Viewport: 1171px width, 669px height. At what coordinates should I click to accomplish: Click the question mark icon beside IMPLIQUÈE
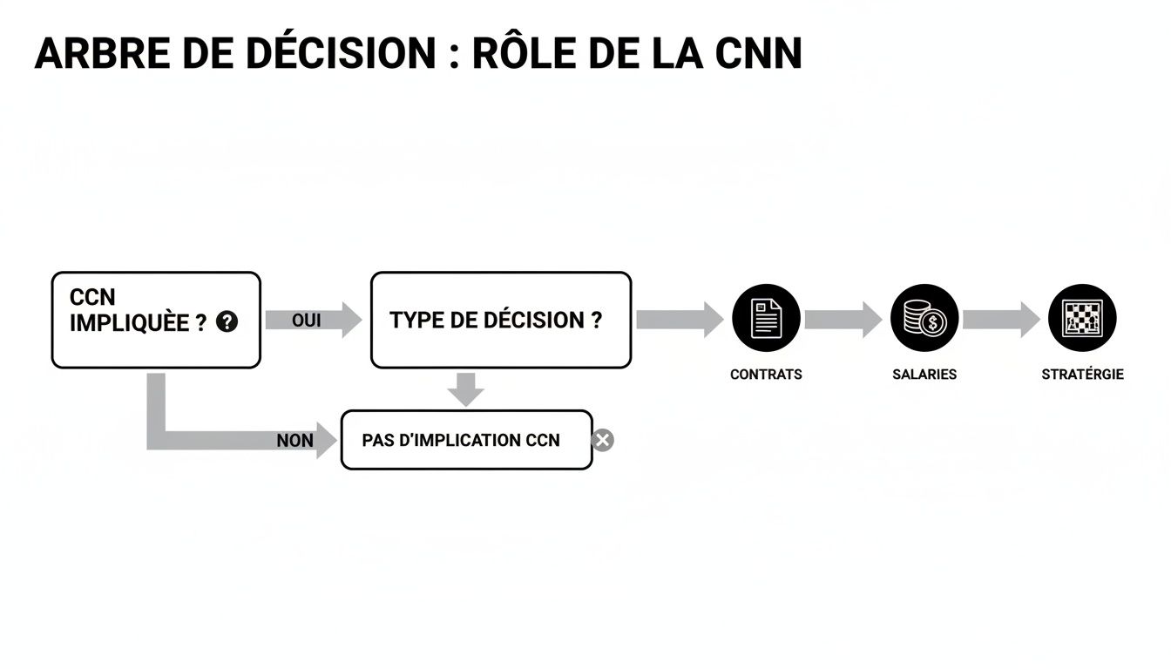227,322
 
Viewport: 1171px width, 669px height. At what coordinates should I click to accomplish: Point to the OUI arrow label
307,321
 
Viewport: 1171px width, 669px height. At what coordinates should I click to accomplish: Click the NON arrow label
294,441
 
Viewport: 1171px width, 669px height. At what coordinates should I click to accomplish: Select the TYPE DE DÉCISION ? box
500,320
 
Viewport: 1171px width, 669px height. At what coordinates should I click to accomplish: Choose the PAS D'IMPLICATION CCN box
465,440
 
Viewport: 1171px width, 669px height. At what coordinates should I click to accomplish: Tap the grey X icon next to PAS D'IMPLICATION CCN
602,440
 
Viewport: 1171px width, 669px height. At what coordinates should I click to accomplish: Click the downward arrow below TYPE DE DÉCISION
466,389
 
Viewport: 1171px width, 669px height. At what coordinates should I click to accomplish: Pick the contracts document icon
766,319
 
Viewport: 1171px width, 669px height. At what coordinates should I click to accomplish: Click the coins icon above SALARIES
924,319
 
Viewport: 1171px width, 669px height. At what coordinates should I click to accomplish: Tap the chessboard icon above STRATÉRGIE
1082,319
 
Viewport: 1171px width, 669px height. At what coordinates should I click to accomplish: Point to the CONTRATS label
766,375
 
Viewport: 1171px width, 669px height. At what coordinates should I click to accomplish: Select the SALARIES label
924,375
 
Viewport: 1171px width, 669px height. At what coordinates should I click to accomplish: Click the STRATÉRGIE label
1082,375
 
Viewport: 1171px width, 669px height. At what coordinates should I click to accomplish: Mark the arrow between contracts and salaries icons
843,320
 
